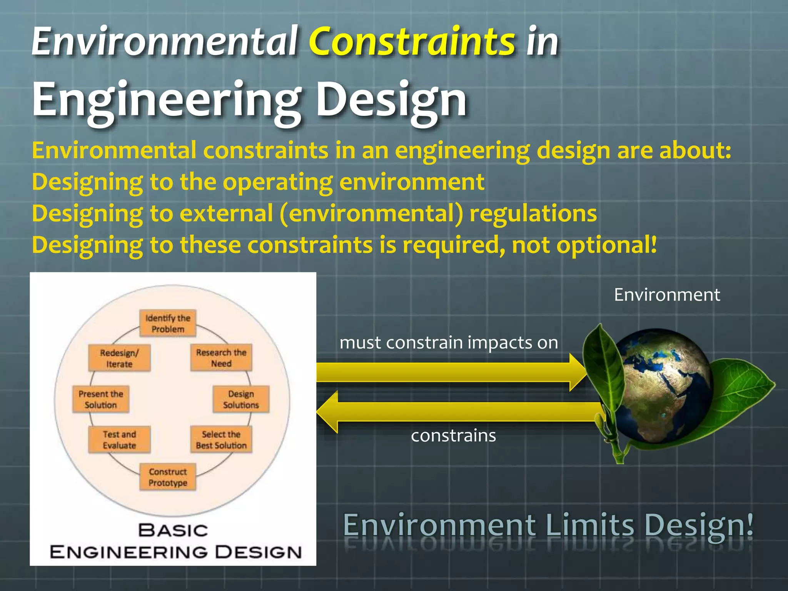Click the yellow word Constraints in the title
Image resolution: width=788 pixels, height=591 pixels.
(411, 41)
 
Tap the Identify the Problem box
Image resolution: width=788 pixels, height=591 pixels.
(168, 323)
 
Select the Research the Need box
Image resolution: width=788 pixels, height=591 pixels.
(221, 358)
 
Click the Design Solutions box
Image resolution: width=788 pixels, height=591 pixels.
(241, 399)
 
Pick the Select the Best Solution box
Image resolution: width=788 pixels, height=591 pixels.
(221, 440)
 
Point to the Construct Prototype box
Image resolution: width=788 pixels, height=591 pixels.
(168, 477)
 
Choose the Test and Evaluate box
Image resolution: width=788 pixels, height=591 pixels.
(119, 440)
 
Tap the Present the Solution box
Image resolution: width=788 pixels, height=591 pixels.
(101, 399)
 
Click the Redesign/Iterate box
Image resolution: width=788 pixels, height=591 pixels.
(119, 358)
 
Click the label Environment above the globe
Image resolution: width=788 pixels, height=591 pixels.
(666, 295)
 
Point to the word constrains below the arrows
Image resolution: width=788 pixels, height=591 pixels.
(453, 436)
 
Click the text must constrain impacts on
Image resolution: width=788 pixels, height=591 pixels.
(449, 342)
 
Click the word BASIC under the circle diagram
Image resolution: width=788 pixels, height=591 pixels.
(173, 531)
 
